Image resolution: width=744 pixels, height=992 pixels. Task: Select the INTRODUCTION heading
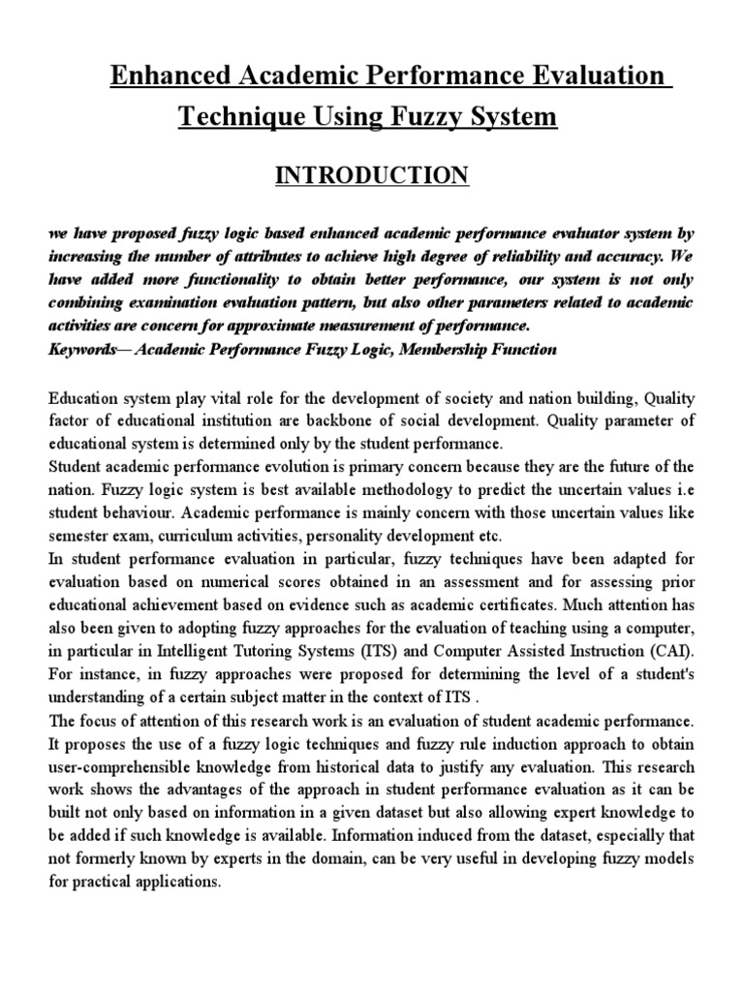[x=359, y=174]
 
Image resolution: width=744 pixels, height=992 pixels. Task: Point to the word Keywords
[x=82, y=350]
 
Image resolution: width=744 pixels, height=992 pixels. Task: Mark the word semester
[x=78, y=534]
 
